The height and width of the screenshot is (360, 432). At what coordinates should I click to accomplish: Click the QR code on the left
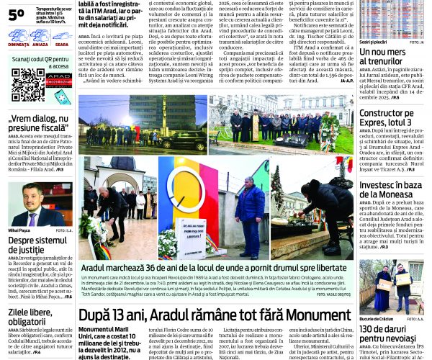pyautogui.click(x=28, y=85)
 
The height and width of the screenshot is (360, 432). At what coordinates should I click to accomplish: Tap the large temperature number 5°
pyautogui.click(x=16, y=14)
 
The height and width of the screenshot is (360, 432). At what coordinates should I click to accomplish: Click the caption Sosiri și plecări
pyautogui.click(x=374, y=42)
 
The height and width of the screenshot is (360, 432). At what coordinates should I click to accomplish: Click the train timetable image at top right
pyautogui.click(x=392, y=19)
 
